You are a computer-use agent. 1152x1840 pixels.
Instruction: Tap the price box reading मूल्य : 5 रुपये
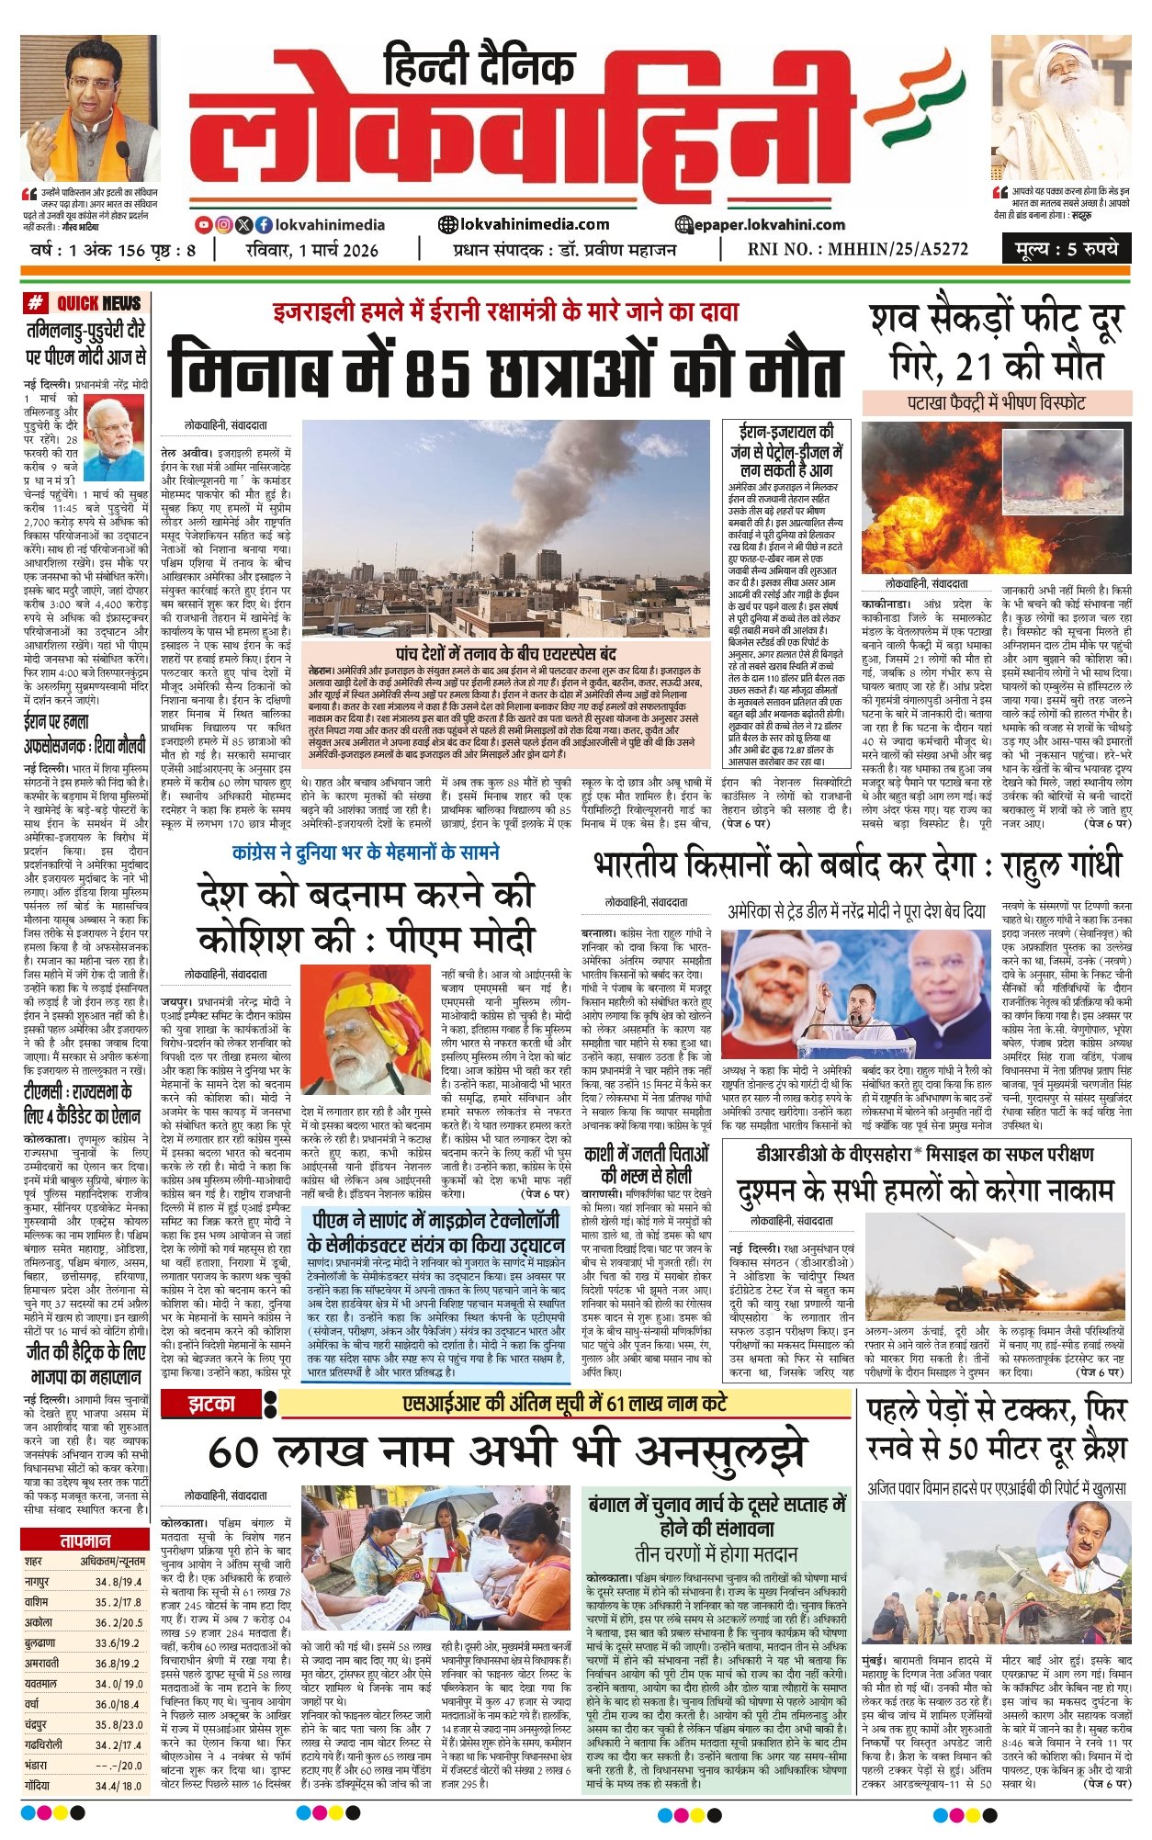pos(1067,249)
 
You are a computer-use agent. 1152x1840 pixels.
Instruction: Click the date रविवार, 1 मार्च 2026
pos(312,250)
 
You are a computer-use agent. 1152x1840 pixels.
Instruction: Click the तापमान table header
pos(85,1541)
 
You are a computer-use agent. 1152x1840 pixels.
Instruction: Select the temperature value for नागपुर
pos(119,1582)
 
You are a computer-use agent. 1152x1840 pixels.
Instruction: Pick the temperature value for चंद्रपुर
pos(119,1725)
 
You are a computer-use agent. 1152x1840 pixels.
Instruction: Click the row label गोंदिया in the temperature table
pos(40,1786)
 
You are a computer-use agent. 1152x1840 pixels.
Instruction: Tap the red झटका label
pos(211,1404)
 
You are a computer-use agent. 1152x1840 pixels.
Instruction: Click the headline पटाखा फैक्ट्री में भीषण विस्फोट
pos(997,402)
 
